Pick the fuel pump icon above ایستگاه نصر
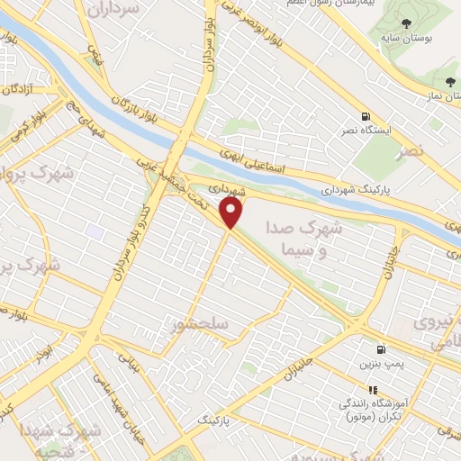365,116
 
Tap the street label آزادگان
18,89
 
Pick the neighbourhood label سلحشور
203,324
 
